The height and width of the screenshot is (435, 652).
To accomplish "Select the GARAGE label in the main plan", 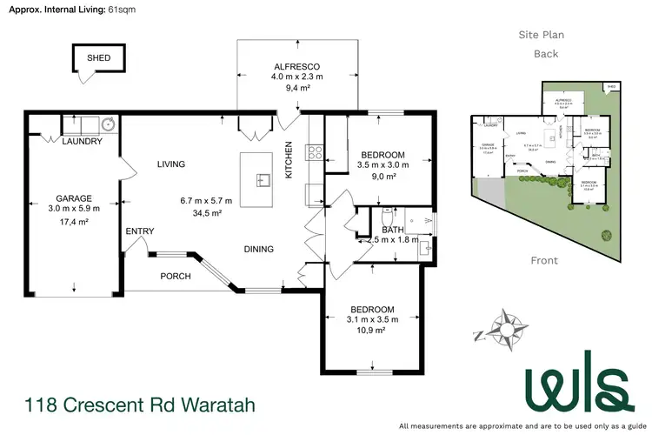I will pyautogui.click(x=74, y=197).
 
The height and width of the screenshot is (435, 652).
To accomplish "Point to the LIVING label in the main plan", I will pyautogui.click(x=171, y=164).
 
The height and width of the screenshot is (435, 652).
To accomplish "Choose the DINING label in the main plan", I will pyautogui.click(x=258, y=249).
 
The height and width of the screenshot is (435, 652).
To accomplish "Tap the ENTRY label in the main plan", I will pyautogui.click(x=139, y=231).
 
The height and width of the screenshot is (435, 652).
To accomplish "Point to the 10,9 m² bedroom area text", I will pyautogui.click(x=372, y=331).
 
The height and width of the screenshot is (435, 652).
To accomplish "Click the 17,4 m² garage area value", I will pyautogui.click(x=74, y=223).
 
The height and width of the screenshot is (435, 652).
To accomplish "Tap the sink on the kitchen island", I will pyautogui.click(x=262, y=180).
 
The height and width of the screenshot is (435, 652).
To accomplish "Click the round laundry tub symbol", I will pyautogui.click(x=110, y=123).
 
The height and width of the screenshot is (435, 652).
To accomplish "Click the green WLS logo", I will pyautogui.click(x=575, y=383).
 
